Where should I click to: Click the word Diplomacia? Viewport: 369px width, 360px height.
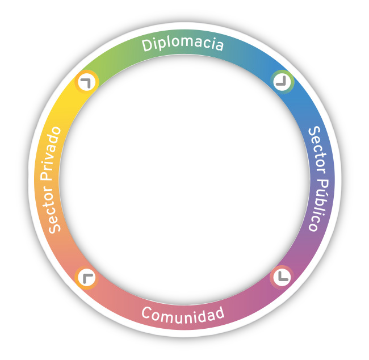183,44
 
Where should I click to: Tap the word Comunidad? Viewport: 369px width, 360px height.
183,313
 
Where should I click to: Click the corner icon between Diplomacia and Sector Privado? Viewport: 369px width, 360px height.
86,82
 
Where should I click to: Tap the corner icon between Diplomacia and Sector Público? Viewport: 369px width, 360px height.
282,81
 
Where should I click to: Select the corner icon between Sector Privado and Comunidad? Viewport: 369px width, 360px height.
86,278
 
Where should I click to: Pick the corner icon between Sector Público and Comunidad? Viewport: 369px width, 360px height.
282,277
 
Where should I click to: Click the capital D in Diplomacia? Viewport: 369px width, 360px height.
147,46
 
